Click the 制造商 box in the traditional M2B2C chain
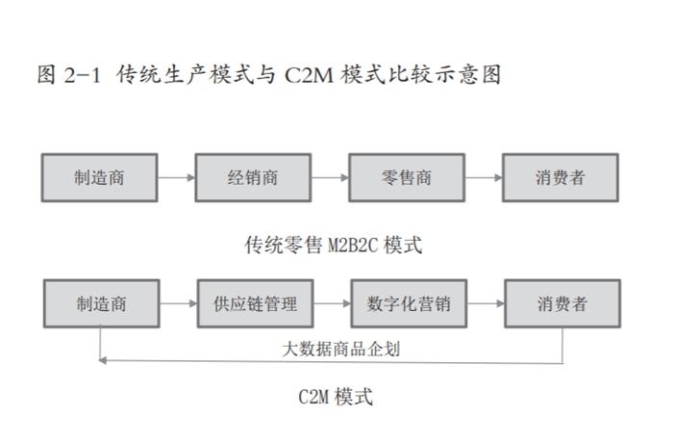(99, 177)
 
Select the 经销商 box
(253, 177)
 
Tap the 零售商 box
(407, 177)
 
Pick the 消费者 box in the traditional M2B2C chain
(561, 177)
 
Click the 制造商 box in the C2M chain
(101, 304)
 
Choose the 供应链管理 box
(255, 304)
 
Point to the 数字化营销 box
(409, 304)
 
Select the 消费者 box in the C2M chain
(562, 304)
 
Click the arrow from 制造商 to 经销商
(176, 177)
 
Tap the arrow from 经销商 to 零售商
(330, 177)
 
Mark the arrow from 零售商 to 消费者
(484, 177)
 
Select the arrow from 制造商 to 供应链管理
(178, 304)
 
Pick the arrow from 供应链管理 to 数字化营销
(332, 304)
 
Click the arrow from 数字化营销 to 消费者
(486, 304)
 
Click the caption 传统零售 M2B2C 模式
(333, 245)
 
